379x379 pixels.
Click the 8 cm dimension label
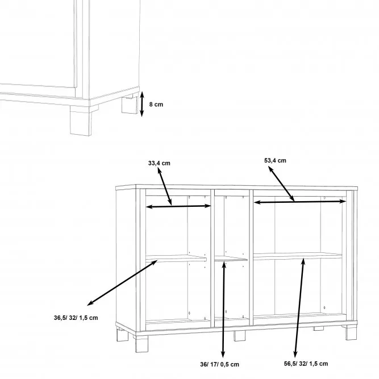(x=156, y=105)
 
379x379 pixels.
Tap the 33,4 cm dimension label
(x=159, y=163)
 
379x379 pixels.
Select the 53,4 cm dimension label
(x=275, y=160)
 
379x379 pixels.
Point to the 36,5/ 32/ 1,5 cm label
(x=76, y=318)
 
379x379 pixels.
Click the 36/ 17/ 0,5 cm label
(x=219, y=364)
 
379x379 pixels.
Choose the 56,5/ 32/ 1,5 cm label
(x=306, y=364)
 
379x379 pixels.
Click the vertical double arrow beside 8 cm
(x=142, y=104)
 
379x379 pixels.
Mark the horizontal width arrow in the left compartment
(x=178, y=206)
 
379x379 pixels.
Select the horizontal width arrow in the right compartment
(x=300, y=202)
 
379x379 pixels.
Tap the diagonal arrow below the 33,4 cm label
(x=165, y=186)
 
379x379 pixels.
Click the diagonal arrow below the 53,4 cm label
(x=281, y=184)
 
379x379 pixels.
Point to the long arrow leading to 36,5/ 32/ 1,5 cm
(x=122, y=282)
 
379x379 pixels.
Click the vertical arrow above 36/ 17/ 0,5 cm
(x=223, y=309)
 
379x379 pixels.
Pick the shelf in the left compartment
(x=176, y=259)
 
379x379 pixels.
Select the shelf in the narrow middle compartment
(x=231, y=259)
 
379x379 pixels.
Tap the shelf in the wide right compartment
(x=298, y=256)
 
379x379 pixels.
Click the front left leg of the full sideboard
(x=141, y=343)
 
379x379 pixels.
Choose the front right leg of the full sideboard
(x=351, y=332)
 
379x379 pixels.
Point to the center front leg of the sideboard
(x=240, y=336)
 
